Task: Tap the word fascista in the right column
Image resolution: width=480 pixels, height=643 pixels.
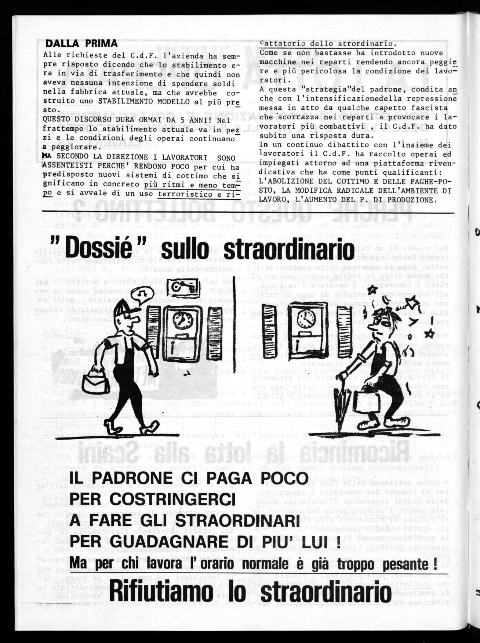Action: click(x=432, y=108)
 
